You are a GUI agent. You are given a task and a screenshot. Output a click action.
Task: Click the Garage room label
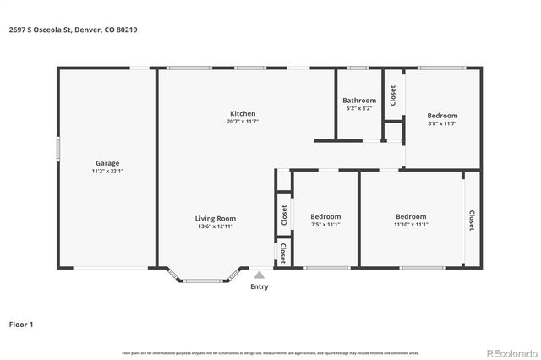point(107,163)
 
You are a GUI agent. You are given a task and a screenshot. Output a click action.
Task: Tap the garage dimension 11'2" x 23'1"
point(107,171)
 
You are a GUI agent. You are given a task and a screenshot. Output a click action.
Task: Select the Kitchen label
point(243,114)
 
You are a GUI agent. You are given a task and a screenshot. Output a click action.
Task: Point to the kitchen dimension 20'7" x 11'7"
point(243,122)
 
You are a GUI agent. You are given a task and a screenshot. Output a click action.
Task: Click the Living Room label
point(216,218)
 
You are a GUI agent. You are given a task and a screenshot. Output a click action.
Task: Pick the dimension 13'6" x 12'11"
point(216,226)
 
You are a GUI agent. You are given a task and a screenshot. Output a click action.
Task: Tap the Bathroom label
point(359,101)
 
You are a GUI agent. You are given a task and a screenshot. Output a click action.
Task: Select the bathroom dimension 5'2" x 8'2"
point(359,108)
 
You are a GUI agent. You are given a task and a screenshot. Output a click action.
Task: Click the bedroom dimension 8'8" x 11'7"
point(442,123)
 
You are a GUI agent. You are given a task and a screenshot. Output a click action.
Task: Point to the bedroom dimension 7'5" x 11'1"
point(325,224)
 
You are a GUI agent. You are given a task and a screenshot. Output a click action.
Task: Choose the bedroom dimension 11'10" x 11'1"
point(411,224)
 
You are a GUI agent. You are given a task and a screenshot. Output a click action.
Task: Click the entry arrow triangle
point(260,274)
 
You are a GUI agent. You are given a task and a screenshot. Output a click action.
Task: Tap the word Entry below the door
point(260,286)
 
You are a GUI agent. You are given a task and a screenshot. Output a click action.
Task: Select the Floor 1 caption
point(21,324)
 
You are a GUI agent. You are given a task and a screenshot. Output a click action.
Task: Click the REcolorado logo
point(510,352)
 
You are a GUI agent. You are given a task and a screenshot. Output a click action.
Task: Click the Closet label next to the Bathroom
point(392,95)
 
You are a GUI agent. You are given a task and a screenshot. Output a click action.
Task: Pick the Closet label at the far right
point(471,221)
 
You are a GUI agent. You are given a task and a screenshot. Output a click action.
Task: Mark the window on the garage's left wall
point(58,148)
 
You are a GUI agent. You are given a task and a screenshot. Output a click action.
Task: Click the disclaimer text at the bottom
point(270,352)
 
